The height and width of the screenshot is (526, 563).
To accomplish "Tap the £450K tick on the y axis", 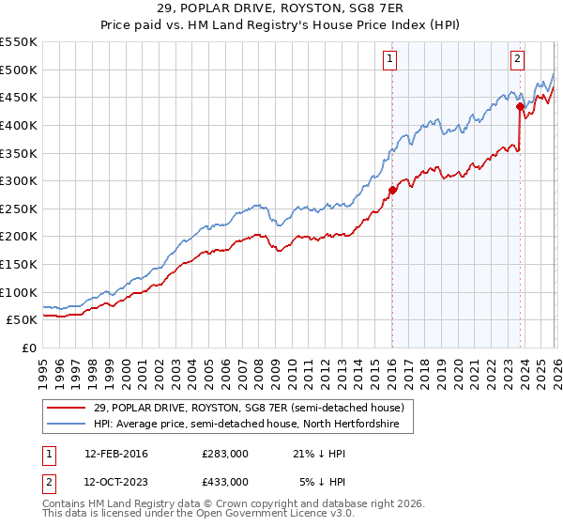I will [19, 97].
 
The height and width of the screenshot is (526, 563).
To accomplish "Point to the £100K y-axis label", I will [19, 292].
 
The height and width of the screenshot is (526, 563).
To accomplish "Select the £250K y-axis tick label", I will [19, 209].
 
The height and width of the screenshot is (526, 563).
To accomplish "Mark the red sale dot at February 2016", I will [391, 190].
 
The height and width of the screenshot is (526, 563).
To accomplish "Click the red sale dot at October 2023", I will [519, 106].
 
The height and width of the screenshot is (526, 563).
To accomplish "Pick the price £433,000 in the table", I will [224, 481].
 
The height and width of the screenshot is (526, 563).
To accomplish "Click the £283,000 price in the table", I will [224, 454].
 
